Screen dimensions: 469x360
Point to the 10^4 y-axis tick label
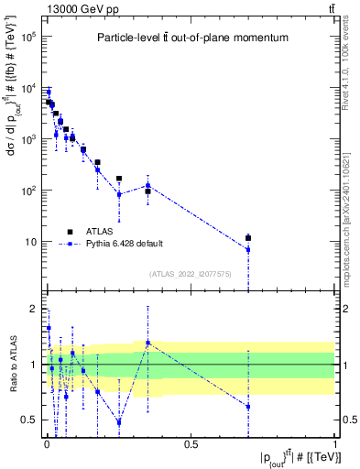tap(27, 88)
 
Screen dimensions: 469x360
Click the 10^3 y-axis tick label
tap(27, 139)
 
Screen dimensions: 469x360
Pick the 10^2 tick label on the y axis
tap(27, 191)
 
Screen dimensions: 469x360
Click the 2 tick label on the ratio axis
tap(32, 308)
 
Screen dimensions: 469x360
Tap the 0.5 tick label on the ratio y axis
tap(28, 420)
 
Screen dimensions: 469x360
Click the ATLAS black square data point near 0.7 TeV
tap(248, 238)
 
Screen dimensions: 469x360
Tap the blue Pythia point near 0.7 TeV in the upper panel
tap(248, 249)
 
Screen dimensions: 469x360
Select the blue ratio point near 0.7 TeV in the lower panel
tap(248, 406)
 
